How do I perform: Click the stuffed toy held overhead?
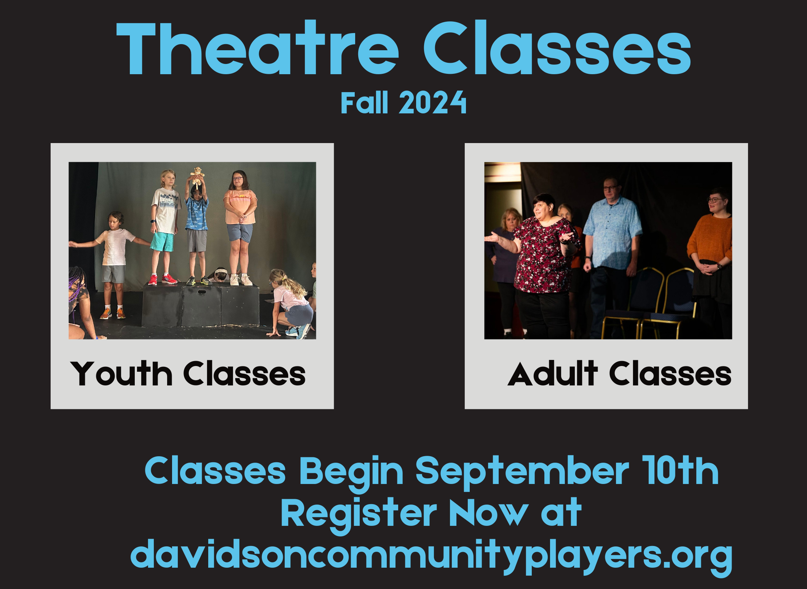197,175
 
